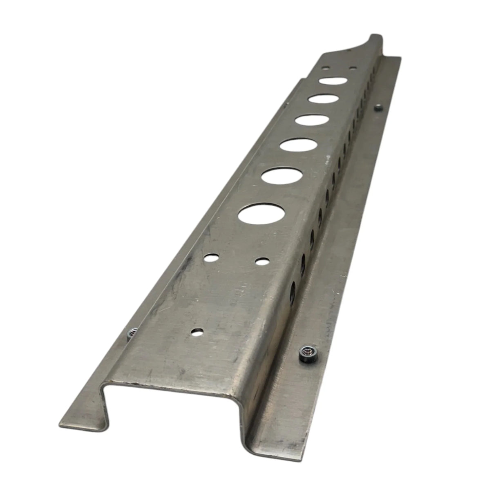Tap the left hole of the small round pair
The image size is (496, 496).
[x=211, y=258]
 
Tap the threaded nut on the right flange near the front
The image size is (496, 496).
[x=306, y=351]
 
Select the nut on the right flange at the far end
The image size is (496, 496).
[x=378, y=108]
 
